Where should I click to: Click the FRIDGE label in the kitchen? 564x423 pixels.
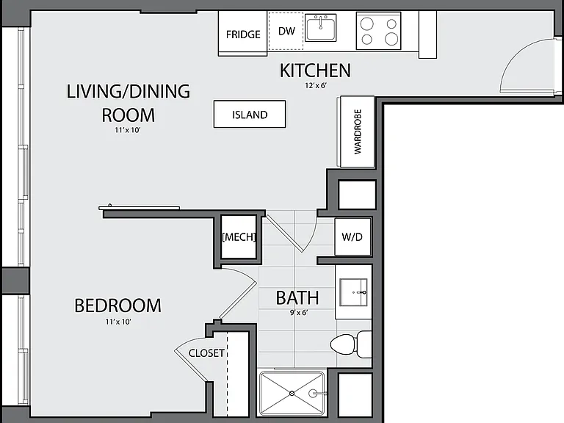coord(243,35)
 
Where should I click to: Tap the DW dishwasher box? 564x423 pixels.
coord(286,31)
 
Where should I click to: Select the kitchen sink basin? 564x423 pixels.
coord(320,27)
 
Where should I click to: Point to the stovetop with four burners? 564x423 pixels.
coord(378,31)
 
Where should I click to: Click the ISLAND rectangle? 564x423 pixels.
coord(250,114)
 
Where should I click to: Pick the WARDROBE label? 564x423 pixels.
coord(358,131)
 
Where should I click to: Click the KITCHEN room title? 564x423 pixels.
coord(315,70)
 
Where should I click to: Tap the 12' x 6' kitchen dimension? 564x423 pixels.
coord(316,86)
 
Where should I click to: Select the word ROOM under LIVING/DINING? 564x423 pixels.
coord(129,115)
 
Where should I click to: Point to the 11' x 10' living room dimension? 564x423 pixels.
coord(127,130)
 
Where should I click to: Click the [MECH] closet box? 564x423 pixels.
coord(239,236)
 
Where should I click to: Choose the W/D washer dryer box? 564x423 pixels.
coord(352,236)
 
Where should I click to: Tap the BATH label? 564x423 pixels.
coord(297,298)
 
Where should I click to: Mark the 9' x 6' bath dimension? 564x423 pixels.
coord(299,313)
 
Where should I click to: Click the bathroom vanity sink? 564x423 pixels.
coord(353,292)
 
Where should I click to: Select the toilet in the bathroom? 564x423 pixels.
coord(351,344)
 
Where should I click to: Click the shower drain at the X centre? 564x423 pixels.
coord(292,394)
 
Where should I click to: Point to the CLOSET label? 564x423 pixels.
coord(206,353)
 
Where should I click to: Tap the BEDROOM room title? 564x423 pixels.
coord(117,305)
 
